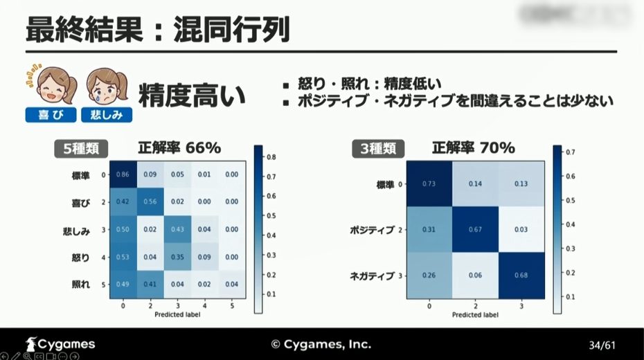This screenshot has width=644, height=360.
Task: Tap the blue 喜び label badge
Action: pos(51,115)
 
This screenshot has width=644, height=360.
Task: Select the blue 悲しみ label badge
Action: pos(107,115)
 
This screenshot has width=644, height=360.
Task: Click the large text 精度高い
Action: pos(193,96)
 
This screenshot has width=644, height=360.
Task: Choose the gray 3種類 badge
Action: pos(379,147)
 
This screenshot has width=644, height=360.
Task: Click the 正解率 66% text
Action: pos(179,147)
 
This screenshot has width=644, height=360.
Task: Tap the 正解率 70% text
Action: pos(474,147)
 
